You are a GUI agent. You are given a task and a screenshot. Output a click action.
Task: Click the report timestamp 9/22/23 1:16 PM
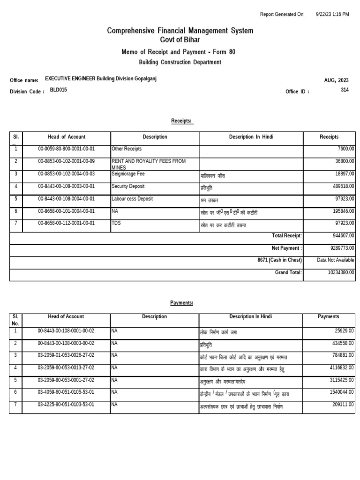(x=332, y=15)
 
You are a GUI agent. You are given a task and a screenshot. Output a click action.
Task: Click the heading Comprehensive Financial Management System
(x=180, y=31)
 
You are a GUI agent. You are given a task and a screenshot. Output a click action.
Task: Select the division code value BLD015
(x=59, y=90)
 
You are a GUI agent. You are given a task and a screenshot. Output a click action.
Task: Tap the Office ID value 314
(x=345, y=90)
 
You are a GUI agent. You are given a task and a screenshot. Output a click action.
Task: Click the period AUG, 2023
(x=336, y=80)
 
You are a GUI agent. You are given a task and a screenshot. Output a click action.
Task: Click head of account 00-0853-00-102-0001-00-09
(x=67, y=161)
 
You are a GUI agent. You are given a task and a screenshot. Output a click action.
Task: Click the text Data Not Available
(x=336, y=260)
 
